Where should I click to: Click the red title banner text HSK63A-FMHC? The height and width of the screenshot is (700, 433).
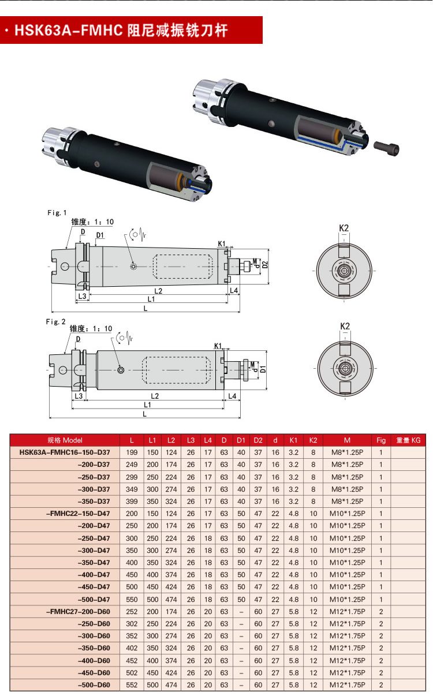point(69,31)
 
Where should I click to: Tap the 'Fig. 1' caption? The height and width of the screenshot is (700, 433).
point(57,213)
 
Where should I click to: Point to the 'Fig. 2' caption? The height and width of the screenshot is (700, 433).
point(55,321)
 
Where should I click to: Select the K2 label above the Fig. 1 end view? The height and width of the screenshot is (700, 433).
point(344,228)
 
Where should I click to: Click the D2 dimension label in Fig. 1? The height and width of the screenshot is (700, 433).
point(265,264)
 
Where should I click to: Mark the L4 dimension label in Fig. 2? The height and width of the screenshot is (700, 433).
point(232,396)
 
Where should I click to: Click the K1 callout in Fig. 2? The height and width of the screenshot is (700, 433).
point(218,346)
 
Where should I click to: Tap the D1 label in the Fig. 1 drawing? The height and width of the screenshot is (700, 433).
point(100,235)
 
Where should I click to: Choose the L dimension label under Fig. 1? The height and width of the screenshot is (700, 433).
point(145,308)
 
